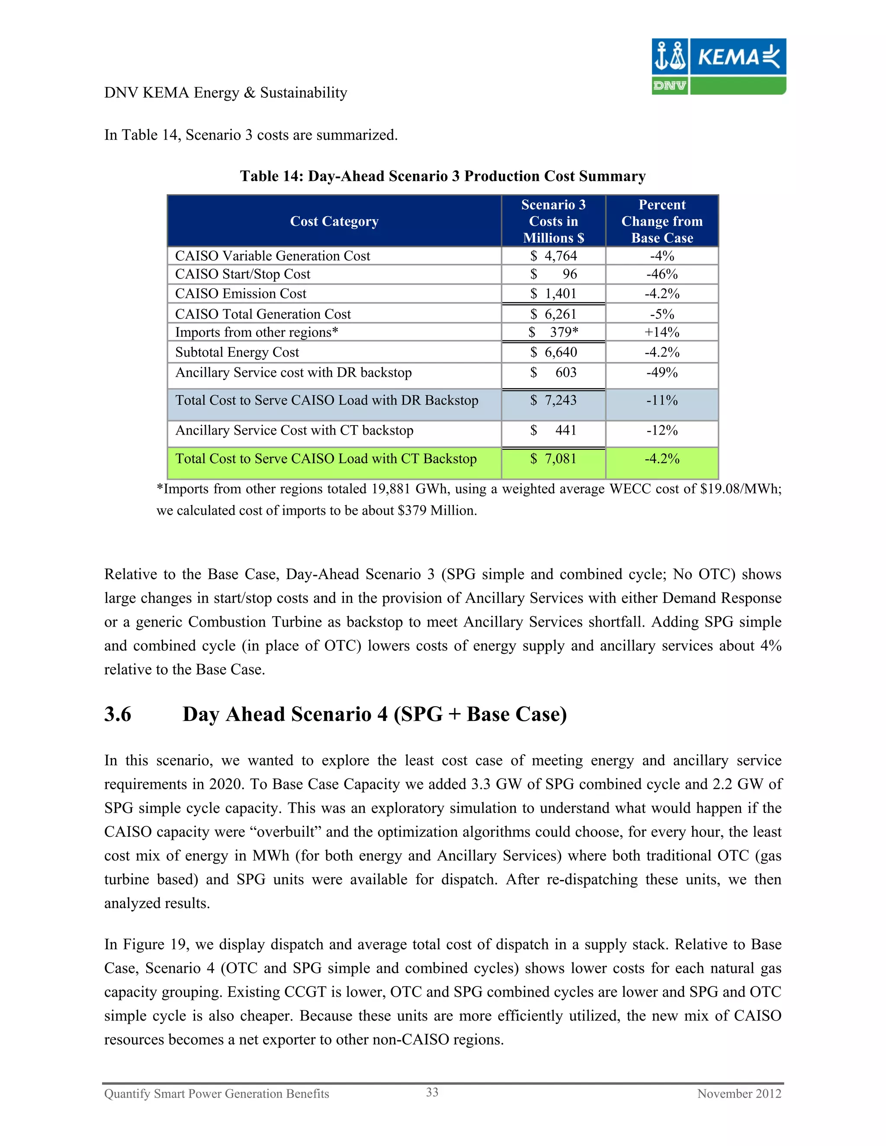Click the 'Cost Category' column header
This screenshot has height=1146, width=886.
pos(334,221)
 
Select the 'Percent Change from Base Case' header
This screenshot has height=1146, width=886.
pos(662,221)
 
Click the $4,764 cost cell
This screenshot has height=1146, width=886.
pos(553,256)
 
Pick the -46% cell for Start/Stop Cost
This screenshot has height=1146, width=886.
pos(662,275)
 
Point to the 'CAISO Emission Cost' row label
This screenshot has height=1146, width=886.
pos(241,294)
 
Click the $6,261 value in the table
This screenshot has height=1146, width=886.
pos(553,314)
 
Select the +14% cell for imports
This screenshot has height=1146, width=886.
pos(662,333)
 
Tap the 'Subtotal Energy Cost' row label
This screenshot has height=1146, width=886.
pos(237,352)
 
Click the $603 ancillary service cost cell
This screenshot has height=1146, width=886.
pos(553,372)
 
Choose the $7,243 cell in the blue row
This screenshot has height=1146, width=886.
pos(553,400)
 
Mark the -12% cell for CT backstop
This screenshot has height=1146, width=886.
pos(662,431)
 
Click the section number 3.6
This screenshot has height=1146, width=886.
pos(118,715)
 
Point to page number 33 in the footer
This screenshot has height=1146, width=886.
pos(432,1092)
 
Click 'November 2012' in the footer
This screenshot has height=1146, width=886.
pos(739,1094)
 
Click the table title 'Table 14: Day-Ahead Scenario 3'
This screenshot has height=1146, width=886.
pos(443,176)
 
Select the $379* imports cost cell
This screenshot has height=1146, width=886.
pos(553,333)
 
